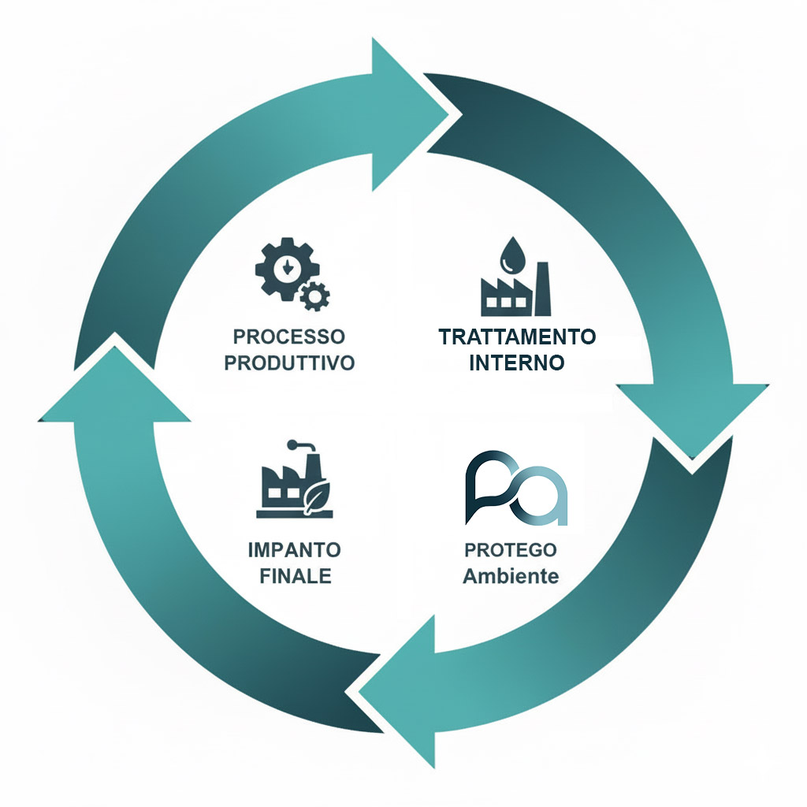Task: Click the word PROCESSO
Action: (289, 337)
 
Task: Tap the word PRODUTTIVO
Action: (289, 363)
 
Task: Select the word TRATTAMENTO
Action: (517, 337)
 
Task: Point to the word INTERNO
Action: (517, 363)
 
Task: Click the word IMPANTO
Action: (295, 549)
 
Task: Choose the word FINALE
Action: (295, 575)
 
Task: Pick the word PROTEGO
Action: (511, 549)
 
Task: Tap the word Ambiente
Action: (511, 576)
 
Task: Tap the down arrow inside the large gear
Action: (288, 269)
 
